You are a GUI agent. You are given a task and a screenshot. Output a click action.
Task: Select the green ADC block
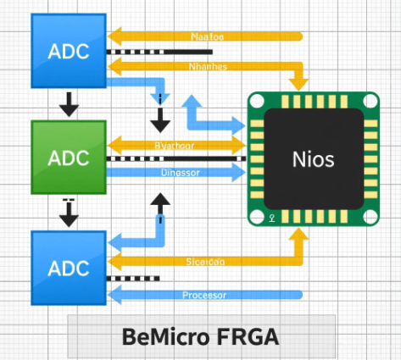coord(68,158)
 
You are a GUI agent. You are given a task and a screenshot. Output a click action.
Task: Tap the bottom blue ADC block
coord(68,268)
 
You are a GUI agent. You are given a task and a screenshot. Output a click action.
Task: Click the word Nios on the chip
coord(313,158)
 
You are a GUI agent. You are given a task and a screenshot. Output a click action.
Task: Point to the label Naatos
coord(209,36)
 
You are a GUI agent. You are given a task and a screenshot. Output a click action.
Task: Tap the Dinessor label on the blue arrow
coord(181,173)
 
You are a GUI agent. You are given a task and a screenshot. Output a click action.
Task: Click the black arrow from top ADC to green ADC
coord(68,103)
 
